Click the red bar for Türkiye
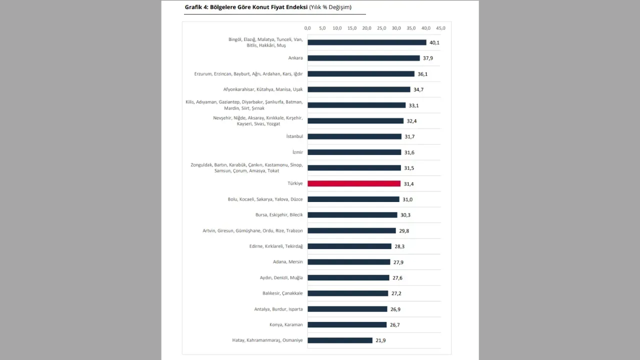tap(354, 183)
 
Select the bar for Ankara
tap(363, 58)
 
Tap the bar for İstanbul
tap(354, 136)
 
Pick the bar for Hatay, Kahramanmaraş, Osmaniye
tap(340, 340)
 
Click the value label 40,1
tap(434, 42)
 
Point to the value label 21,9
tap(380, 340)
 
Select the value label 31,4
tap(408, 184)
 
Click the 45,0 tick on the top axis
tap(440, 28)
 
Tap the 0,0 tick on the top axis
tap(307, 28)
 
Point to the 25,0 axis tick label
tap(381, 28)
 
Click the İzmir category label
tap(297, 152)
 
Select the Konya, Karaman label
tap(286, 324)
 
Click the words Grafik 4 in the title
tap(196, 7)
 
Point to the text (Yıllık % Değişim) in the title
tap(330, 7)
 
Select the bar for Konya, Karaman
tap(347, 324)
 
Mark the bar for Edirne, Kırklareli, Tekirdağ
tap(349, 246)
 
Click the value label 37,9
tap(428, 58)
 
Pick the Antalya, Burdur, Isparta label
tap(278, 309)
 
